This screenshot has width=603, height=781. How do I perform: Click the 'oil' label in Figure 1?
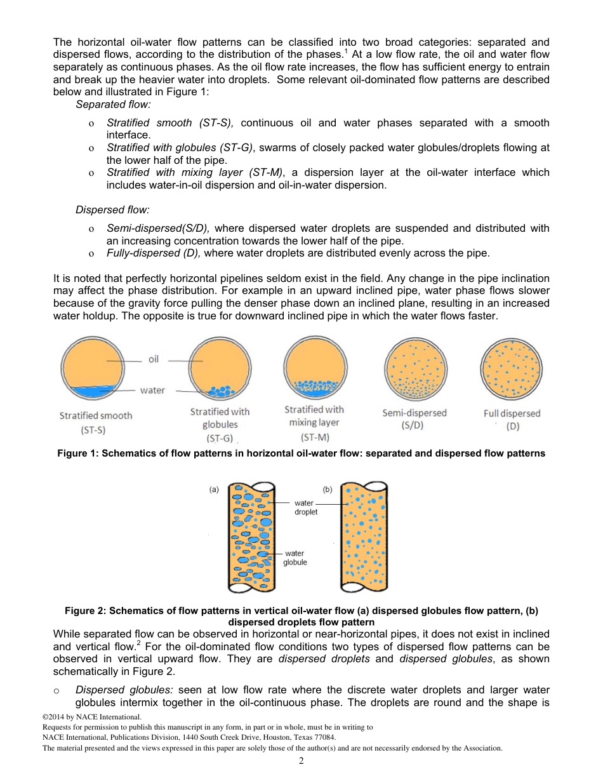(x=154, y=359)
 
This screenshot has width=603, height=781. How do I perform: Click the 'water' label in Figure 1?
(x=152, y=390)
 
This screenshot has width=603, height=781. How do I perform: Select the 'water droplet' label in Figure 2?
(x=305, y=507)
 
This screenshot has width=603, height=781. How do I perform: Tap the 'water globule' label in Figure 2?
(x=295, y=557)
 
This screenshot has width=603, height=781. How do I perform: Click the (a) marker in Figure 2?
(x=214, y=490)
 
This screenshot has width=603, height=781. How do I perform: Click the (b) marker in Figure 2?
(x=328, y=490)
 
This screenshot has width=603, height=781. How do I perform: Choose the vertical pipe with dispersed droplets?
(x=364, y=537)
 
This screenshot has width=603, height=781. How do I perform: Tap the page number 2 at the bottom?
(x=301, y=761)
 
